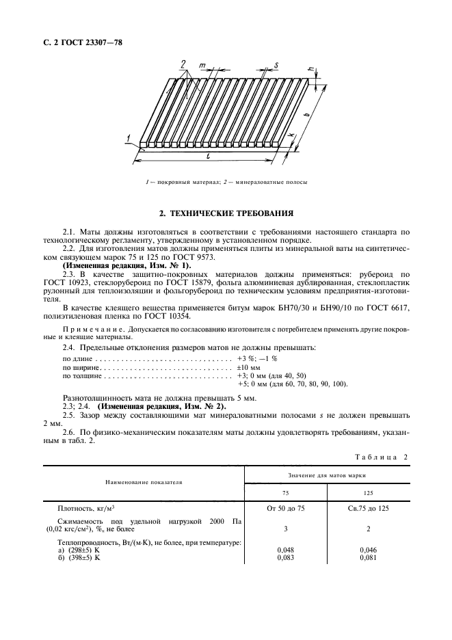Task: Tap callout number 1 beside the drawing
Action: tap(128, 139)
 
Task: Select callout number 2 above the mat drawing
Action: tap(183, 64)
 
